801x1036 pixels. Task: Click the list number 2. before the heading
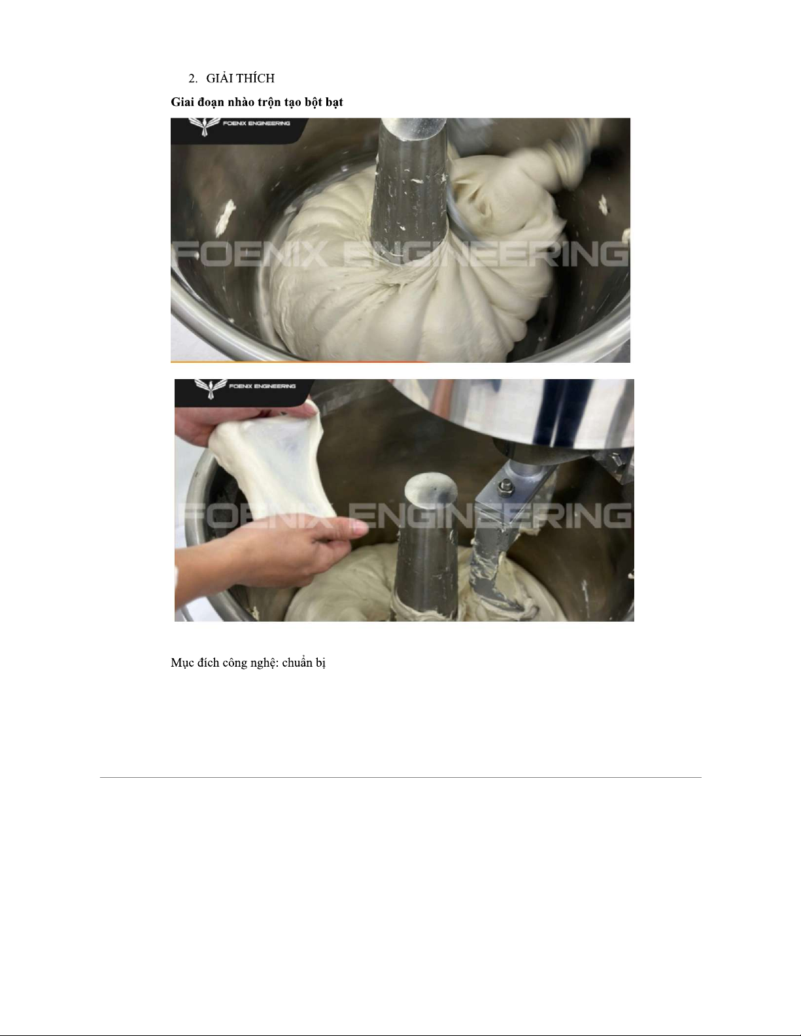(x=193, y=78)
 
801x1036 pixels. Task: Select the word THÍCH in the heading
(x=256, y=78)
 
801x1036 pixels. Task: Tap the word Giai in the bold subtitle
(x=182, y=102)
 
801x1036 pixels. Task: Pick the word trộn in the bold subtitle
(x=269, y=103)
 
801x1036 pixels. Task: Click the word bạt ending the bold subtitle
(x=333, y=103)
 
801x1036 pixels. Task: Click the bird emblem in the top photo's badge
(x=205, y=126)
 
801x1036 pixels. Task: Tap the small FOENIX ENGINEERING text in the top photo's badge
(x=256, y=124)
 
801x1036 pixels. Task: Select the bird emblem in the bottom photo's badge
(x=211, y=388)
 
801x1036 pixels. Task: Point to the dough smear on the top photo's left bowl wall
(x=225, y=217)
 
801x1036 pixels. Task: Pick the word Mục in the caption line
(x=180, y=663)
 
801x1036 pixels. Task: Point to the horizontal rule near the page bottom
(x=400, y=778)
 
